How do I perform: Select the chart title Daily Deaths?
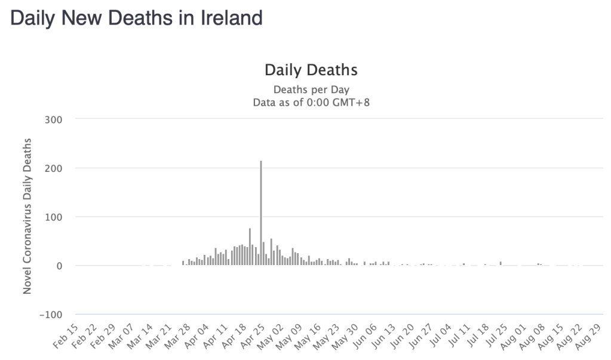coord(311,70)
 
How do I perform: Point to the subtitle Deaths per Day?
coord(311,90)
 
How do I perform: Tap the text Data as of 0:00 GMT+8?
coord(311,102)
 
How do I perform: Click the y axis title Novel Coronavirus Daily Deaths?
coord(27,216)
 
